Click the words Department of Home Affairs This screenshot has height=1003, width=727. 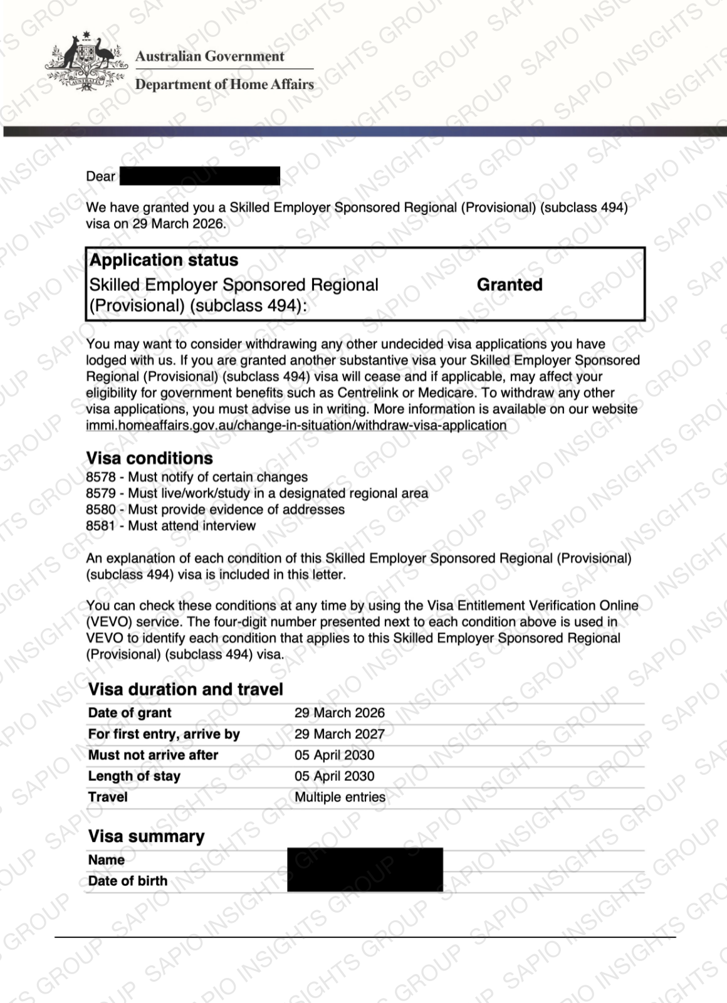coord(224,85)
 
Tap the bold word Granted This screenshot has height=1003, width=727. coord(510,285)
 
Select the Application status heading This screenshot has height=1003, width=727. coord(164,260)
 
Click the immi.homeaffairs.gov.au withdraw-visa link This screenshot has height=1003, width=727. coord(296,426)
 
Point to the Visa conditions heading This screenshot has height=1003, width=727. coord(149,458)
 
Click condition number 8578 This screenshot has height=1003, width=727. coord(100,478)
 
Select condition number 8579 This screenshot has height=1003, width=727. coord(100,494)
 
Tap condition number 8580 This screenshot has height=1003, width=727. coord(100,510)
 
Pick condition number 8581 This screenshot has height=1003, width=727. coord(100,526)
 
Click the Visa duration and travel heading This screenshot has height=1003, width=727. coord(186,690)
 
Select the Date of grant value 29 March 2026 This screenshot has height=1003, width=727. coord(340,713)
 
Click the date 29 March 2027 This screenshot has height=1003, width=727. coord(340,734)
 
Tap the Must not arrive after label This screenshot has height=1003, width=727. coord(153,755)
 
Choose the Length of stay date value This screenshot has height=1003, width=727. coord(335,776)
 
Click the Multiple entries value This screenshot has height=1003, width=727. coord(340,797)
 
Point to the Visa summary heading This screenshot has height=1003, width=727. coord(146,837)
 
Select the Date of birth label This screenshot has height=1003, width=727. coord(128,881)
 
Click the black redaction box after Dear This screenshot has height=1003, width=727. coord(199,176)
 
